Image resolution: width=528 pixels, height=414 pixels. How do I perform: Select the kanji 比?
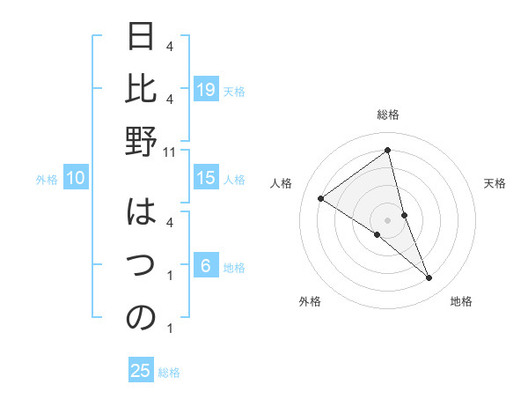coord(142,90)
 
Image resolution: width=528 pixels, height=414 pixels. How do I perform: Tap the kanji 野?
coord(142,142)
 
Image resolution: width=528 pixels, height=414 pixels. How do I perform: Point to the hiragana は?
coord(142,214)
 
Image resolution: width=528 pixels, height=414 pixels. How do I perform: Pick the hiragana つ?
coord(142,266)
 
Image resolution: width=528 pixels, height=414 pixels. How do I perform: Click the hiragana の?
coord(142,318)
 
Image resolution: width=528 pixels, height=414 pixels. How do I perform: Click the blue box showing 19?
coord(206,89)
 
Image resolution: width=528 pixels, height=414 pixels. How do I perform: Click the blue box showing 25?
coord(141,371)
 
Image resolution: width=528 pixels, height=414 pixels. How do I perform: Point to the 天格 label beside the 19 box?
coord(234,91)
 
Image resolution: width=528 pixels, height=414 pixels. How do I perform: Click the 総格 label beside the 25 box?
coord(169,373)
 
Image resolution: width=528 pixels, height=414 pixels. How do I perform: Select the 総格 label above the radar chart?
coord(388,115)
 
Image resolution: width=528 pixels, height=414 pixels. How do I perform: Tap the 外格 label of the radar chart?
coord(310,302)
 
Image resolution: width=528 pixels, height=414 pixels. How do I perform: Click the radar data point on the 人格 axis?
coord(321,198)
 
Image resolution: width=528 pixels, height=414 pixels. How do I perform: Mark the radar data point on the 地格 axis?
coord(429,277)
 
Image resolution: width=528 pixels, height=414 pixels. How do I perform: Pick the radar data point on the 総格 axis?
coord(388,150)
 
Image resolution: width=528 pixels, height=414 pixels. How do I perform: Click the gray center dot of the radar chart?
coord(388,219)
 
